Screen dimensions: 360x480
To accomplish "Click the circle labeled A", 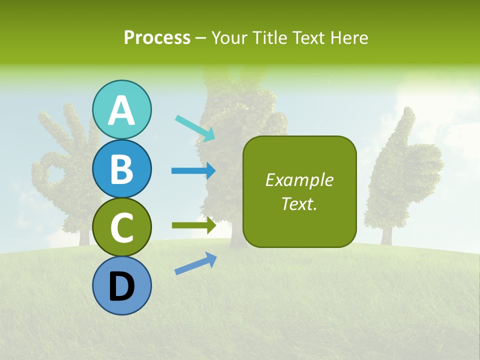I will point(121,109).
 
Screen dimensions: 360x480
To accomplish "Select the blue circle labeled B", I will point(121,168).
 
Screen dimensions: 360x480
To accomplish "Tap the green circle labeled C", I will point(121,227).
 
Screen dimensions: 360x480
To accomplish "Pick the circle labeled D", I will point(121,285).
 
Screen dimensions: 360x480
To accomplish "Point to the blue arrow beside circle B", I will point(193,170).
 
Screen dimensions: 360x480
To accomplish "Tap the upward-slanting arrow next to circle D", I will point(195,263).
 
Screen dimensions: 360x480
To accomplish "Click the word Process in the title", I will point(157,37).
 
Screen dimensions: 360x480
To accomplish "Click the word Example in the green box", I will point(299,180).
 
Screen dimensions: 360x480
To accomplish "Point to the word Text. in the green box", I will point(299,203).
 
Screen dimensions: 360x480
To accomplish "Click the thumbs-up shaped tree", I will point(400,170).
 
